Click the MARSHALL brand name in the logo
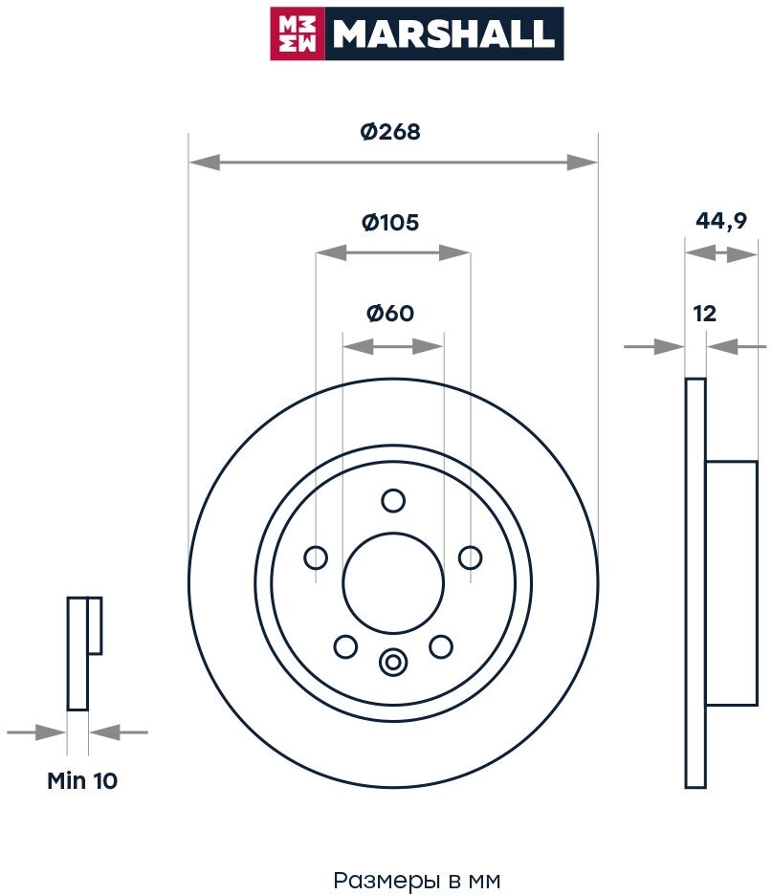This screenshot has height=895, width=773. click(444, 33)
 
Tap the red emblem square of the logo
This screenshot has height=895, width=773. click(298, 33)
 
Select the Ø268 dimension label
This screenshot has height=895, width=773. click(390, 133)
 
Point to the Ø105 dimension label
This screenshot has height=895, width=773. click(390, 223)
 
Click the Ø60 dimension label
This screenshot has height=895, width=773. click(390, 313)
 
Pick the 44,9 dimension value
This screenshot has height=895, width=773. click(720, 221)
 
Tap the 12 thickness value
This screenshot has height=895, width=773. click(705, 313)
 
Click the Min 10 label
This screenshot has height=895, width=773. click(82, 780)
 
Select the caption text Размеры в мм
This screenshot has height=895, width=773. click(417, 879)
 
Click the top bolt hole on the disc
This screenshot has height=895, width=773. click(393, 500)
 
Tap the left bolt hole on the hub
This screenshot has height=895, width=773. click(316, 557)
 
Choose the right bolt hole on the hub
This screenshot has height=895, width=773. click(470, 557)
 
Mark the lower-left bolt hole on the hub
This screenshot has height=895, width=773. click(345, 647)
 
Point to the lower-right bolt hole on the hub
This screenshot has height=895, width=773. click(440, 647)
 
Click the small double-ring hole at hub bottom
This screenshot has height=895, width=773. click(393, 661)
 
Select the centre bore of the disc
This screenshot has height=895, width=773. click(393, 582)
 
